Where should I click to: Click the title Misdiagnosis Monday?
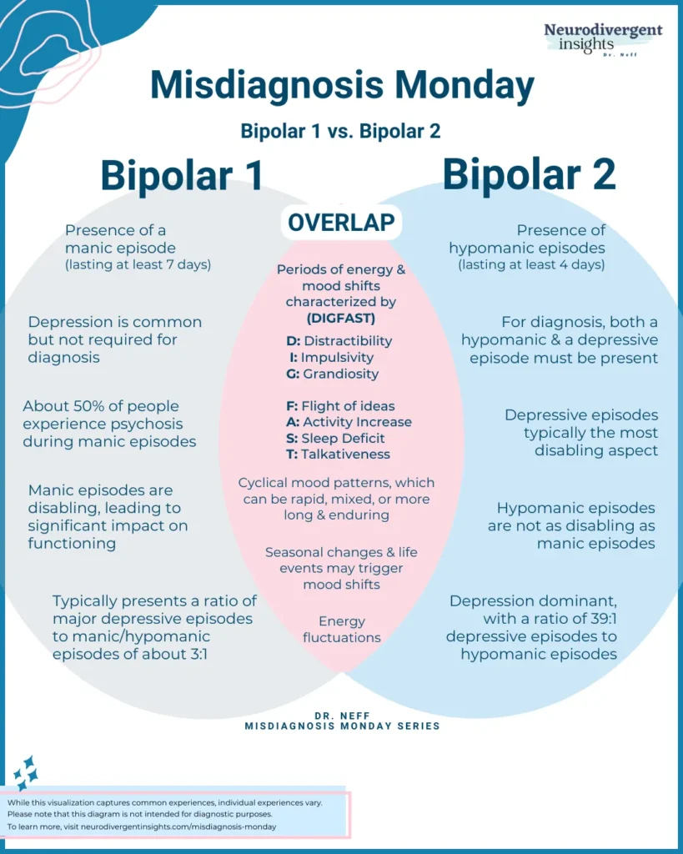pos(342,86)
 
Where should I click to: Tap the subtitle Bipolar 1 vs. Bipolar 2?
pos(340,131)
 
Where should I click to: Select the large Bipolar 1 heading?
pos(182,175)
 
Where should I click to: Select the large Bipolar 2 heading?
pos(529,174)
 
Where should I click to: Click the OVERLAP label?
pos(341,223)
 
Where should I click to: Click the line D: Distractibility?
pos(338,340)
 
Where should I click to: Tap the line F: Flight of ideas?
pos(336,406)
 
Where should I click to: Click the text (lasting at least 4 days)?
pos(531,265)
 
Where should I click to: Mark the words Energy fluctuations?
pos(342,629)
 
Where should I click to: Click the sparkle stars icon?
pos(25,773)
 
